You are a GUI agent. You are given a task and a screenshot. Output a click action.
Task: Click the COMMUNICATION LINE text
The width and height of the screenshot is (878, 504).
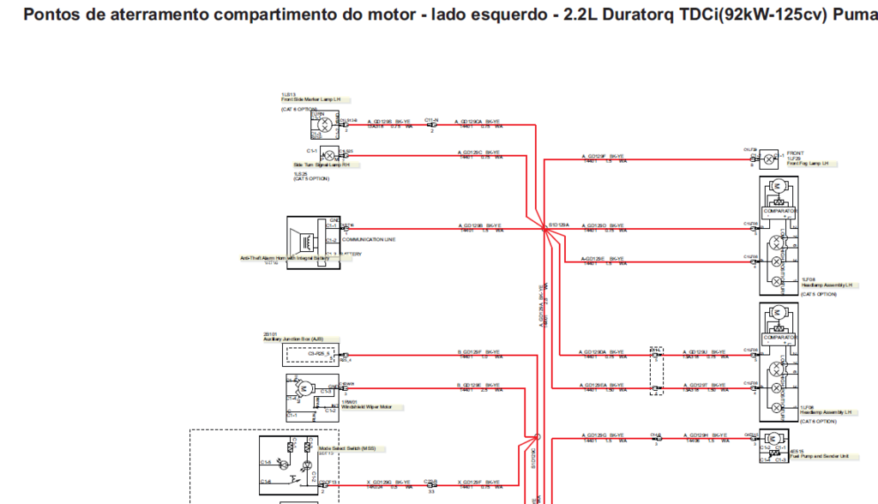[368, 240]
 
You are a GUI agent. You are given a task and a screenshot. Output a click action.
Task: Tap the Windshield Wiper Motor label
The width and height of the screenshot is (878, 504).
[366, 407]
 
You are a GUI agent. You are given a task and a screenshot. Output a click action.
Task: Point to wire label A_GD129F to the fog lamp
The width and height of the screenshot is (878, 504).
[593, 156]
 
